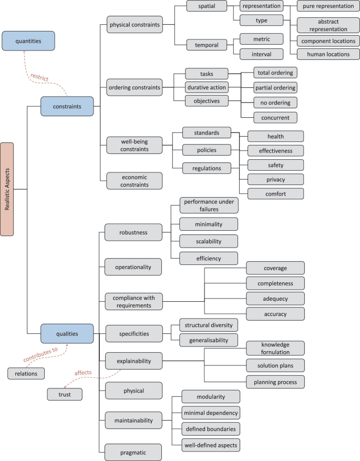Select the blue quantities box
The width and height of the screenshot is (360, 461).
[x=28, y=40]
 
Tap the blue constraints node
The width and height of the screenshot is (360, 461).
[x=67, y=106]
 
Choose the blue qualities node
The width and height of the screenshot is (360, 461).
[x=67, y=333]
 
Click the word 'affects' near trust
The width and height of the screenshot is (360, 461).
[x=83, y=372]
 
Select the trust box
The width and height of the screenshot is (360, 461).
[x=65, y=394]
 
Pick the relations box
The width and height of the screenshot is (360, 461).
[x=26, y=373]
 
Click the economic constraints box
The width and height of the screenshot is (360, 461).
[x=133, y=181]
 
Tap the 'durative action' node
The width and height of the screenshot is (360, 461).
[x=206, y=87]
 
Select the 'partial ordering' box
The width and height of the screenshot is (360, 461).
[x=275, y=87]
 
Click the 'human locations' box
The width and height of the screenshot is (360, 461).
[x=328, y=54]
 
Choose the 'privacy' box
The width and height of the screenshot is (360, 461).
[x=275, y=179]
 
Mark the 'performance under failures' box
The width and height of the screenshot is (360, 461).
[x=208, y=206]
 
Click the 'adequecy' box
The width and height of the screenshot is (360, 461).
[x=275, y=299]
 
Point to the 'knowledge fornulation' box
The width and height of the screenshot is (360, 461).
[x=275, y=348]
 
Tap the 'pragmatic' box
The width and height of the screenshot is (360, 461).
[x=132, y=452]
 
